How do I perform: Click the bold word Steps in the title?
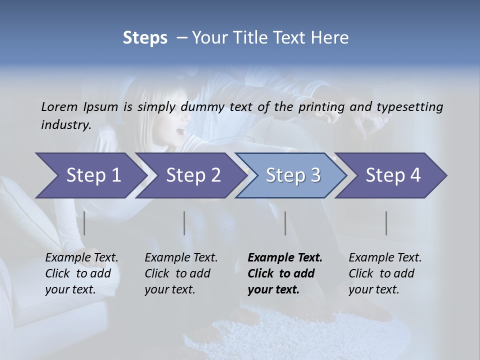coord(145,38)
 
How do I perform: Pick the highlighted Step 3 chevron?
coord(293,175)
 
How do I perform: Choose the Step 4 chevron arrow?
coord(393,175)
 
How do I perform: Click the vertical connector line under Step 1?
coord(84,223)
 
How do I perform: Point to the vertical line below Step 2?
coord(184,223)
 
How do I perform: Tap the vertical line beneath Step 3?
coord(285,223)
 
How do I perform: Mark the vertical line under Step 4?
coord(386,223)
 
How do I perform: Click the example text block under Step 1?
coord(81,273)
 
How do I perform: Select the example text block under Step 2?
coord(181,273)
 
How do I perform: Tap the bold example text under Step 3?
coord(285,273)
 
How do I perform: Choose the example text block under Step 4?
coord(385,273)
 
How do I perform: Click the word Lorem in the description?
coord(59,106)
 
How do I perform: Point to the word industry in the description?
coord(65,125)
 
